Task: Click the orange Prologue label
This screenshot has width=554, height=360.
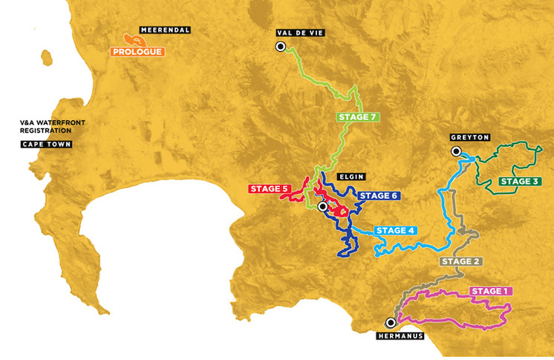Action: [137, 52]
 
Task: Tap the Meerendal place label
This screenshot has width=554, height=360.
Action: [168, 30]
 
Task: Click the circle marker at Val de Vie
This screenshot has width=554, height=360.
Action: [281, 47]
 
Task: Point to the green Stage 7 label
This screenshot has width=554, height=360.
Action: [358, 117]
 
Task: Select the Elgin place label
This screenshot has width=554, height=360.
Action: [349, 178]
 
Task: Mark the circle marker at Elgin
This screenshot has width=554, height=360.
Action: [322, 206]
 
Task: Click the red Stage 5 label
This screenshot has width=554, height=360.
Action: [268, 189]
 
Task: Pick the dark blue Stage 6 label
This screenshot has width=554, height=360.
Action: [378, 196]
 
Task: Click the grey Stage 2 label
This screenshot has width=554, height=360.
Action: [460, 261]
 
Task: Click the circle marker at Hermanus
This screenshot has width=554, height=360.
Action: [391, 322]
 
